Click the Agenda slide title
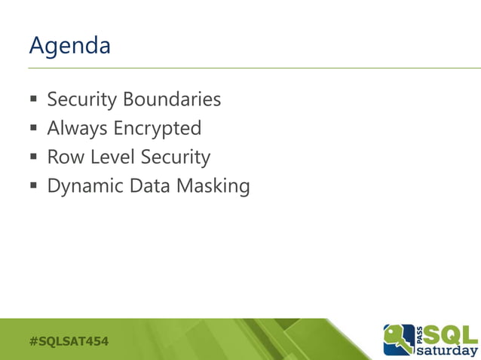coord(69,46)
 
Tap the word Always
coord(77,129)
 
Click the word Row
coord(63,157)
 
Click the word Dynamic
coord(85,186)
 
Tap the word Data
coord(149,186)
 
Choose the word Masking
coord(213,186)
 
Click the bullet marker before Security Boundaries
coord(34,100)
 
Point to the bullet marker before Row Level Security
coord(34,158)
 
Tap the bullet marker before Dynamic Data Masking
coord(34,187)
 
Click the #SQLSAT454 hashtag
coord(69,342)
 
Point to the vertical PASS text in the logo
coord(419,334)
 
